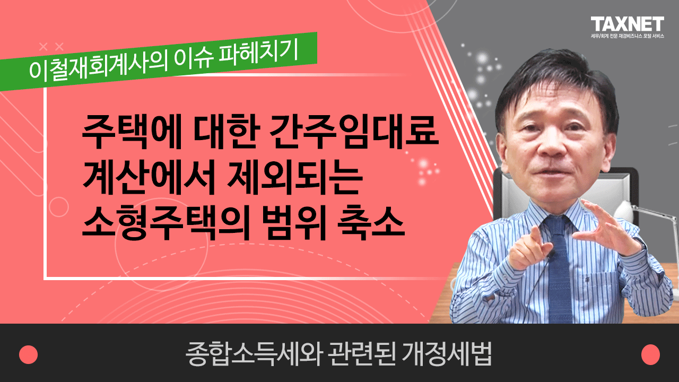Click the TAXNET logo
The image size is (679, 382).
tap(628, 24)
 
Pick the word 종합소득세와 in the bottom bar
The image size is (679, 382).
tap(253, 354)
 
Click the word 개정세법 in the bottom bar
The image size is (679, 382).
tap(447, 354)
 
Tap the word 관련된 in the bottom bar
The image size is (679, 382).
tap(361, 354)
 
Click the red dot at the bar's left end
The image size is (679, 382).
tap(29, 354)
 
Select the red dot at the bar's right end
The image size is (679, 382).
tap(650, 354)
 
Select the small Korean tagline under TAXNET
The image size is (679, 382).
tap(628, 36)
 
